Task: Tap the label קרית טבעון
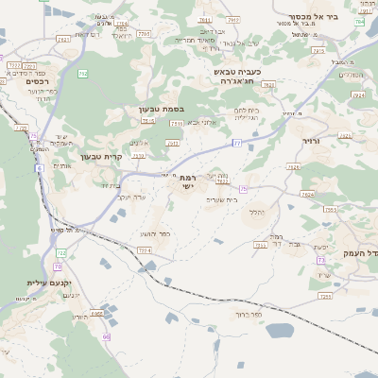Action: pos(100,156)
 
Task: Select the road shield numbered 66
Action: pos(107,335)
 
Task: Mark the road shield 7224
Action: pos(144,249)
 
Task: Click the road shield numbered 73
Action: pos(321,259)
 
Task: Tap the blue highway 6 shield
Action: pos(40,167)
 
